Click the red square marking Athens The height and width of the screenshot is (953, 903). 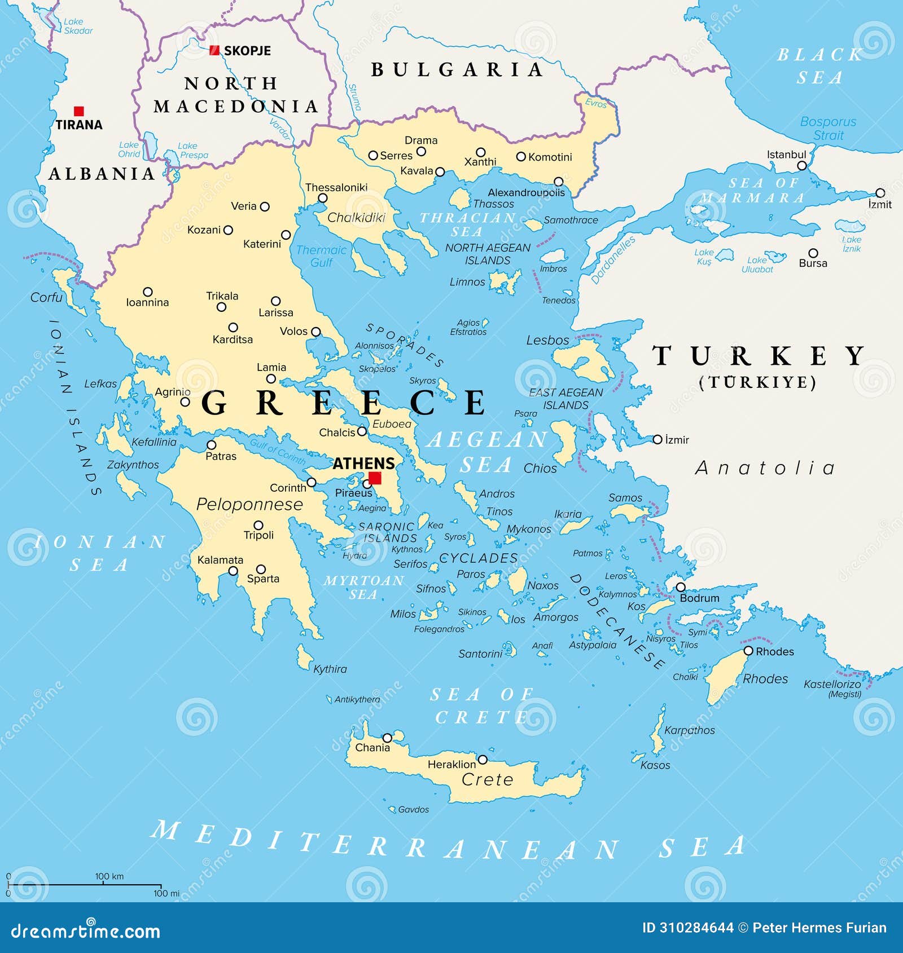coord(375,478)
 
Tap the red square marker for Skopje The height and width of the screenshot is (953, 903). coord(214,50)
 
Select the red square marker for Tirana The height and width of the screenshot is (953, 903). coord(79,111)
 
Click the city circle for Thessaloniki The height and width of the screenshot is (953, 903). coord(323,198)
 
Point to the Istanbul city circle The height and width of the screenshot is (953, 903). coord(802,165)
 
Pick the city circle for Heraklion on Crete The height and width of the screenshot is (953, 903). coord(483,760)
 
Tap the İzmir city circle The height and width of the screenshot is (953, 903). coord(657,439)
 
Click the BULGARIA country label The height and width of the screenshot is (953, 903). coord(457,69)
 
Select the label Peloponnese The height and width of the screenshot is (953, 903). coord(249,504)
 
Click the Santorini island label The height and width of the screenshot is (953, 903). coord(480,654)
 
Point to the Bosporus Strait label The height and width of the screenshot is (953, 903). coord(828,129)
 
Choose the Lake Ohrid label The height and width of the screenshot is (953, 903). coord(129,149)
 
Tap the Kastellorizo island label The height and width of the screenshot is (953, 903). coord(832,684)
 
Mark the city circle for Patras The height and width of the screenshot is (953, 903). coord(211,445)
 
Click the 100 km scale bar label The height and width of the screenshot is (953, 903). coord(109,876)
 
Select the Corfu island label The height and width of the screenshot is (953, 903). coord(46,297)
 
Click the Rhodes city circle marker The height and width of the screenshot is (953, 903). coord(748,651)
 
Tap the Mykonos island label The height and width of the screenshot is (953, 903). coord(529,529)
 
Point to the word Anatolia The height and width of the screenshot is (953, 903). coord(765,468)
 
